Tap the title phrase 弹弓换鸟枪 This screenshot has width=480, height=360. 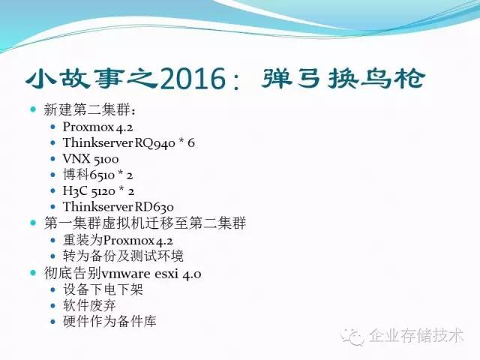pos(341,79)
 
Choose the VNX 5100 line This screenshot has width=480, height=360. pos(91,158)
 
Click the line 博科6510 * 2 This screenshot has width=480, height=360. pos(98,174)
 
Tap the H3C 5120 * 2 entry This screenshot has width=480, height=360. pos(99,190)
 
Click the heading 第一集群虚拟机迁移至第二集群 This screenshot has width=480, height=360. pos(145,223)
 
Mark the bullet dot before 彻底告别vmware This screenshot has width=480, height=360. pos(33,272)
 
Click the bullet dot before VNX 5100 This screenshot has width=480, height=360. pos(52,159)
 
